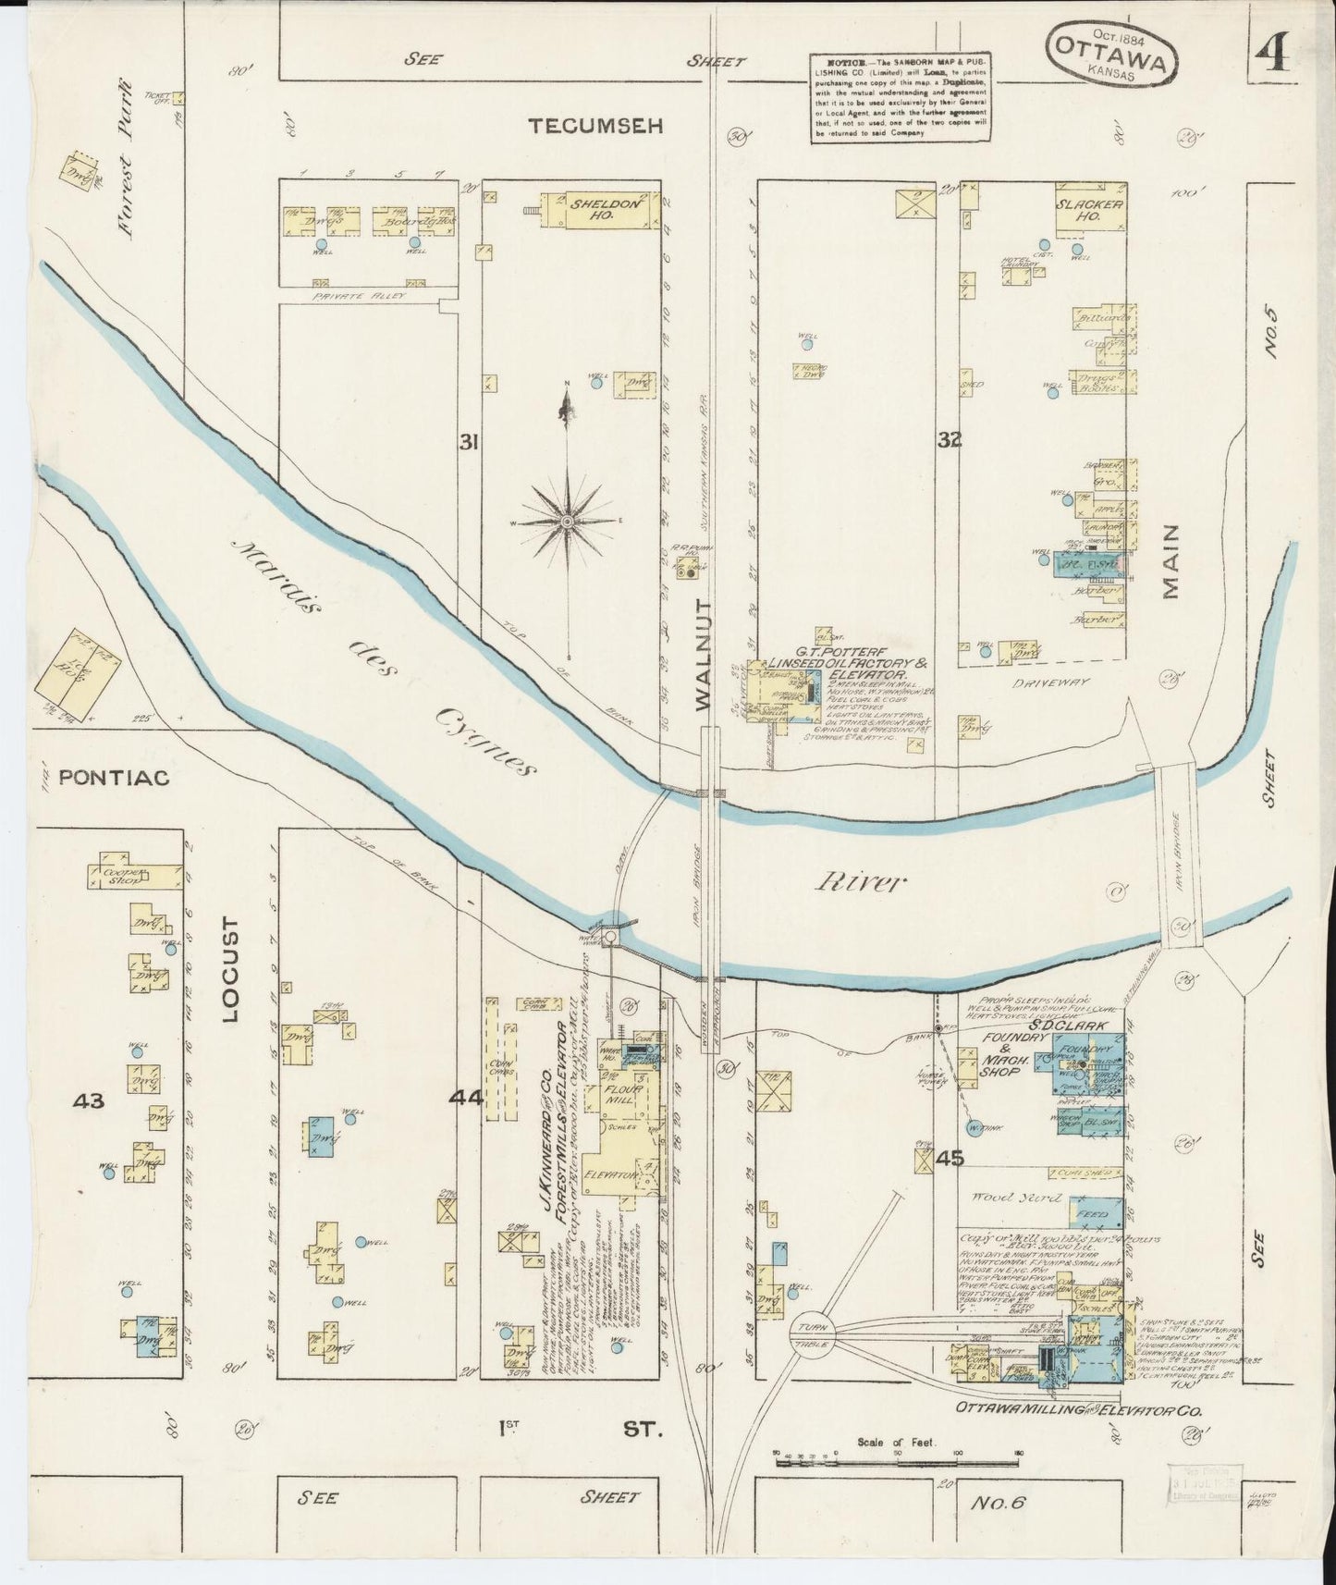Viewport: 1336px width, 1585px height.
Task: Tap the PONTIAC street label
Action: [x=114, y=778]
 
